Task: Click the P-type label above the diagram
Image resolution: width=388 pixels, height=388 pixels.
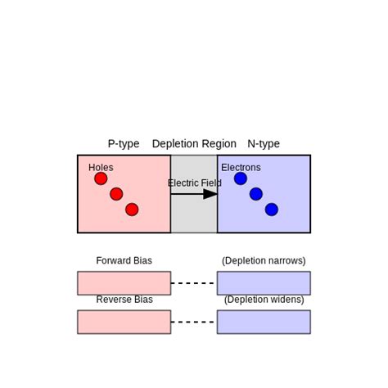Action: tap(124, 143)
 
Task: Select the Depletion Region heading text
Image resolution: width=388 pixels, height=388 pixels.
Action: tap(194, 143)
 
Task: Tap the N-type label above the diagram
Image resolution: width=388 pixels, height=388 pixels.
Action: tap(264, 143)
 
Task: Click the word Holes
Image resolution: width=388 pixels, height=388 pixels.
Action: tap(101, 168)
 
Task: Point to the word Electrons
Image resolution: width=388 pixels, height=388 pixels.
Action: tap(241, 168)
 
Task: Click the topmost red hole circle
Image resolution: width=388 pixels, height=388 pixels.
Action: tap(101, 178)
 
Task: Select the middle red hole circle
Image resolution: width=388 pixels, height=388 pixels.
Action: tap(116, 194)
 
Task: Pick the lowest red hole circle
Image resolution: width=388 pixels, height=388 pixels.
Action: tap(132, 210)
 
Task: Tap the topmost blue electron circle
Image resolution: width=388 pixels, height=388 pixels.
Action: tap(240, 178)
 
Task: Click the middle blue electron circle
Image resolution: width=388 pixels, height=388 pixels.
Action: tap(256, 194)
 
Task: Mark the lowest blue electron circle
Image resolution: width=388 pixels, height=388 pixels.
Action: tap(272, 210)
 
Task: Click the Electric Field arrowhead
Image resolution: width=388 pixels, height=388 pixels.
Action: tap(210, 194)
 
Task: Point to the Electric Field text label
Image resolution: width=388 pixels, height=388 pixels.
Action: tap(195, 183)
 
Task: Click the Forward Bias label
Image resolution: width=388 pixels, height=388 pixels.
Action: tap(124, 261)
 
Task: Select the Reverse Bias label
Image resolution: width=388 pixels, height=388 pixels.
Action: tap(124, 300)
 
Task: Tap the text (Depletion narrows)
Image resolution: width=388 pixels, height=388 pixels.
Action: tap(264, 261)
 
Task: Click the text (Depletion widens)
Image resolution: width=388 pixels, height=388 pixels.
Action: tap(264, 300)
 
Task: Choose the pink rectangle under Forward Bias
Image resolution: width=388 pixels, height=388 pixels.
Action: tap(124, 283)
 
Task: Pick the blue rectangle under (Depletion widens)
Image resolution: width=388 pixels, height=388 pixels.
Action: tap(264, 322)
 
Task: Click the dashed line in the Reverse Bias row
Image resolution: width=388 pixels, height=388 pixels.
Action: tap(194, 322)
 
